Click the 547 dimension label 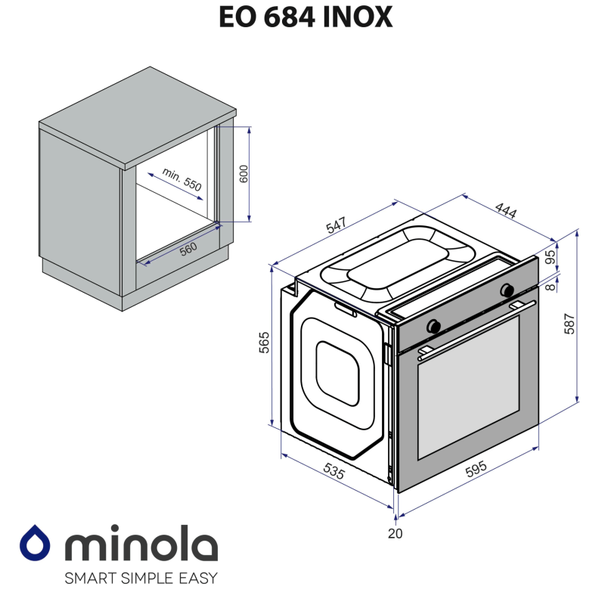click(x=337, y=225)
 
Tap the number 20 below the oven click(x=395, y=533)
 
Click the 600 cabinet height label click(x=243, y=173)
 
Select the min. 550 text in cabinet click(x=181, y=181)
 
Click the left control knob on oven click(x=434, y=325)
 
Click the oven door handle click(x=473, y=327)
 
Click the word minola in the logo click(x=140, y=544)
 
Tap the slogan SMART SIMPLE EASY click(x=141, y=579)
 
